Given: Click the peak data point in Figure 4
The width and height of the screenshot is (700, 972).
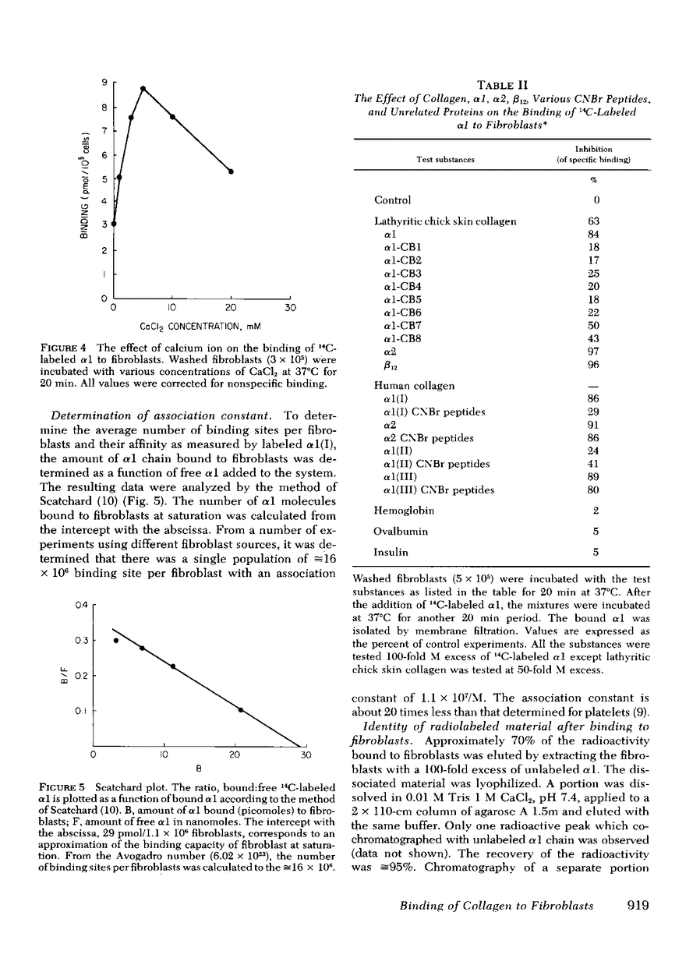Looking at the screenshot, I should tap(143, 88).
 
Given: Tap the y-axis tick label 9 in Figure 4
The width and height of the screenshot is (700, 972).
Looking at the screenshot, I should tap(104, 82).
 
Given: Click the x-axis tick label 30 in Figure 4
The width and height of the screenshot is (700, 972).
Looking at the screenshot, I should tap(289, 308).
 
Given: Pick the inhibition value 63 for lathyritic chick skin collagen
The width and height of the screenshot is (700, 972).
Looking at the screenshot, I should tap(595, 221).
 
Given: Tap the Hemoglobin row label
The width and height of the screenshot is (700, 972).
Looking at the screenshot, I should tap(403, 511).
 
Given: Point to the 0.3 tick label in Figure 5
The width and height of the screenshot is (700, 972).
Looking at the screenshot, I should tap(80, 640).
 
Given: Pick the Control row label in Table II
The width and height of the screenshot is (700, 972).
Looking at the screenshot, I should tap(393, 200).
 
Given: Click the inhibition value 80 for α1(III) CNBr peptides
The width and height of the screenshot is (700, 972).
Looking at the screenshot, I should tap(595, 490).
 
